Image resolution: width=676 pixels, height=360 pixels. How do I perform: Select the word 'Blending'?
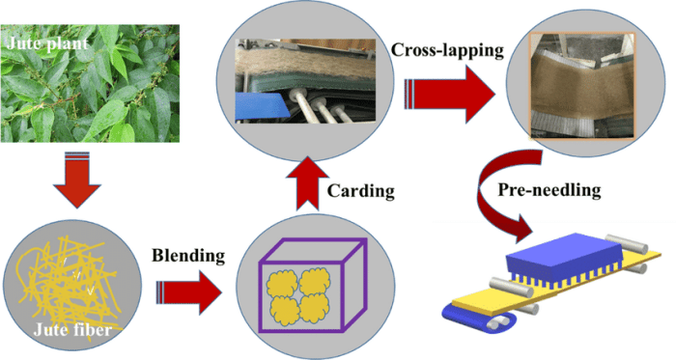pyautogui.click(x=189, y=256)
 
